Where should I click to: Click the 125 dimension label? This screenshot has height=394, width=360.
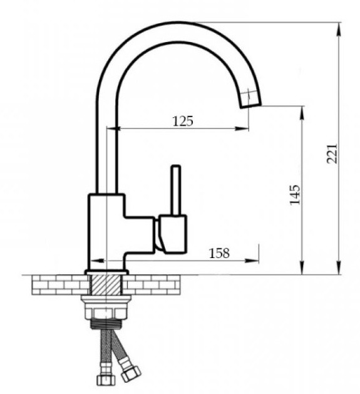click(x=183, y=121)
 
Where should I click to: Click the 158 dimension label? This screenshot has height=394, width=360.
click(x=219, y=253)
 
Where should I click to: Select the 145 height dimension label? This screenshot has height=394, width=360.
click(x=295, y=195)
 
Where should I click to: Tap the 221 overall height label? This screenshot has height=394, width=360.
click(x=332, y=154)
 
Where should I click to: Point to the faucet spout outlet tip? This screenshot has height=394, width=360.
click(x=251, y=105)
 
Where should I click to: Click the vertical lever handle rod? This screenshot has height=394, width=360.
click(x=176, y=190)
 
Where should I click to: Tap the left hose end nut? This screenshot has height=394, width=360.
click(x=106, y=380)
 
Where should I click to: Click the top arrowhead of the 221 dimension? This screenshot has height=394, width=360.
click(x=339, y=27)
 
